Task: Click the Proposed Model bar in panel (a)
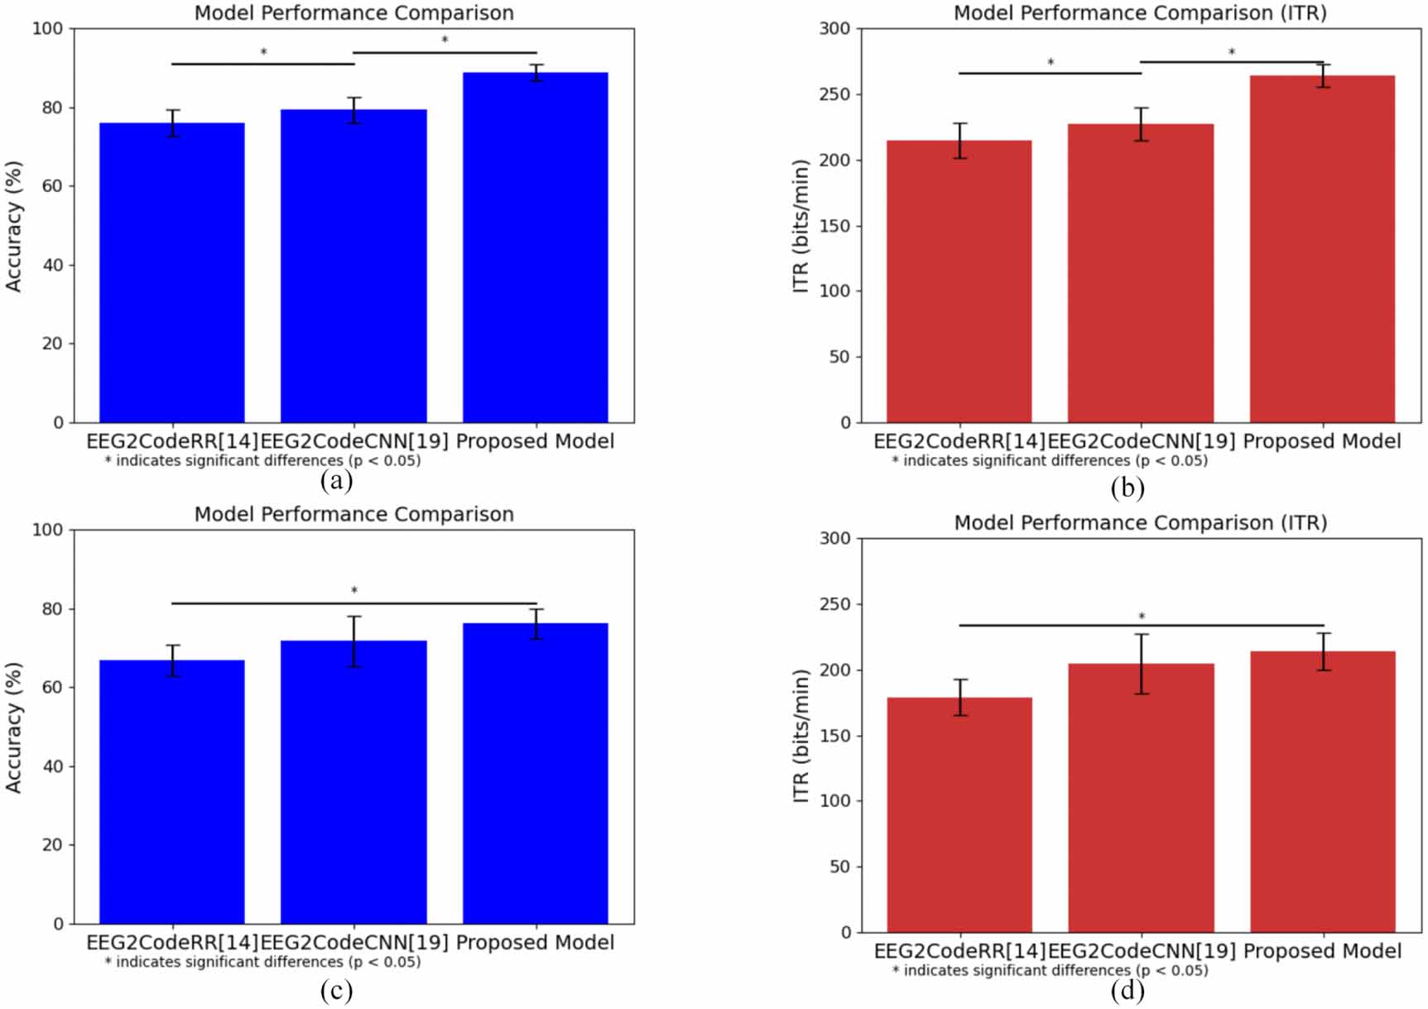click(535, 248)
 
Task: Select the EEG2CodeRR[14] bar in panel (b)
click(959, 281)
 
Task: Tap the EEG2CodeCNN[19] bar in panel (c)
click(353, 782)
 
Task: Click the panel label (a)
click(336, 481)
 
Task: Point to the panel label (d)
click(1127, 991)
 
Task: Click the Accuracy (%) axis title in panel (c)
click(14, 727)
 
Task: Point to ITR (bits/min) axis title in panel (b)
click(801, 225)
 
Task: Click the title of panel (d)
click(1140, 523)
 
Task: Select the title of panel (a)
click(353, 13)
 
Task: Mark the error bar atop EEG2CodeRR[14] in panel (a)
click(172, 123)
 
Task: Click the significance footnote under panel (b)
click(1049, 461)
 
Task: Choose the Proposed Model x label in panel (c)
click(535, 943)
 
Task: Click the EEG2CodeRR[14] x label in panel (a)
click(172, 441)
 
